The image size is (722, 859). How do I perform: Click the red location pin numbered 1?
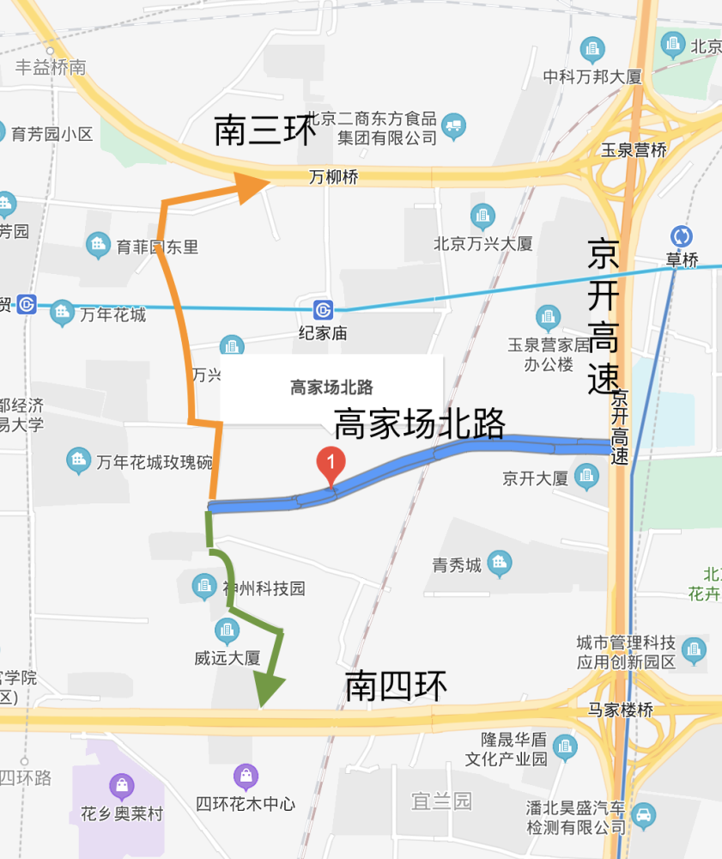click(331, 465)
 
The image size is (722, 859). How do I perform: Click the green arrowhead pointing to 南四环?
click(268, 687)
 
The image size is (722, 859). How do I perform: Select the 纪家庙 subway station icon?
click(323, 309)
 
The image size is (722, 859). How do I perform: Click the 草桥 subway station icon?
click(683, 236)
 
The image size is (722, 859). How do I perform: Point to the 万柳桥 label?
click(334, 178)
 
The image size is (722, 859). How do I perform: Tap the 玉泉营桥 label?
click(634, 149)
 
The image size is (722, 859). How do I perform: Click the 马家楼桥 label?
click(621, 710)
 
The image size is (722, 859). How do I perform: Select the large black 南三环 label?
click(265, 131)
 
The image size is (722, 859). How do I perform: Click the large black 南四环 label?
click(397, 685)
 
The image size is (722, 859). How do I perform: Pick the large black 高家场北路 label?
click(419, 424)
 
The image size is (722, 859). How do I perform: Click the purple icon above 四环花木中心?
click(246, 777)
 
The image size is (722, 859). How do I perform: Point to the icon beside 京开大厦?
click(587, 474)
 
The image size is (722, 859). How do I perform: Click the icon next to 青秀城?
click(499, 564)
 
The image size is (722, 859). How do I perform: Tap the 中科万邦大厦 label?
click(592, 76)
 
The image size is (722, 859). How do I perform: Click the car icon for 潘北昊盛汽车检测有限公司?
click(643, 813)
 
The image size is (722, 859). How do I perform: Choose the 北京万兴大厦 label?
click(483, 244)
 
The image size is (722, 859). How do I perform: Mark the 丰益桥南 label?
click(52, 67)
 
